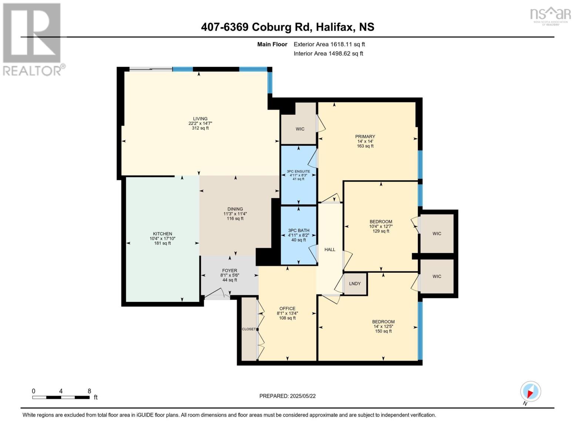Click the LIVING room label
200,119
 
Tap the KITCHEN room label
163,234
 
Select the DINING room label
235,209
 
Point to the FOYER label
230,270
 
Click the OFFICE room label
287,309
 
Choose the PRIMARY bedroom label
365,137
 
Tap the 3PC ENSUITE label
298,171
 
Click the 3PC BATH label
298,231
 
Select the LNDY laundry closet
355,283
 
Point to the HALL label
330,249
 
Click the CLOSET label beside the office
249,329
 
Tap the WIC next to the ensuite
300,129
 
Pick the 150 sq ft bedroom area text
383,331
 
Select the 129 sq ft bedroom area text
381,231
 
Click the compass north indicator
530,392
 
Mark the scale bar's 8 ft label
89,391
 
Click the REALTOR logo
33,39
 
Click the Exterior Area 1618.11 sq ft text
329,44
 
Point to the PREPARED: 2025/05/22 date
287,396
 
